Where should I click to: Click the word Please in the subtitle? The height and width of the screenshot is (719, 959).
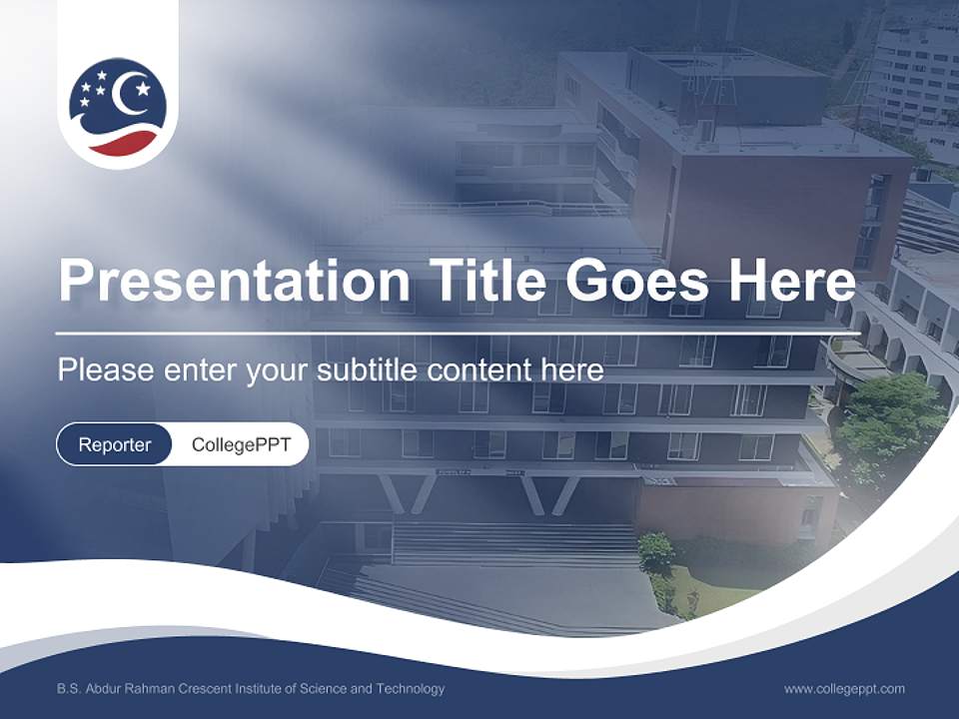point(104,370)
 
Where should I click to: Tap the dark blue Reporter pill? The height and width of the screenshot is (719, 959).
point(115,444)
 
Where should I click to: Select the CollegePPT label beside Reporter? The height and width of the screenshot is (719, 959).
point(241,444)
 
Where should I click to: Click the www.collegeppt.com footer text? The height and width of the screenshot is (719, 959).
point(844,689)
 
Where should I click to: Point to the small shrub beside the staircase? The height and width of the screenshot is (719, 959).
point(655,551)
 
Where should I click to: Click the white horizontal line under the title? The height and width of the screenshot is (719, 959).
point(458,333)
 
